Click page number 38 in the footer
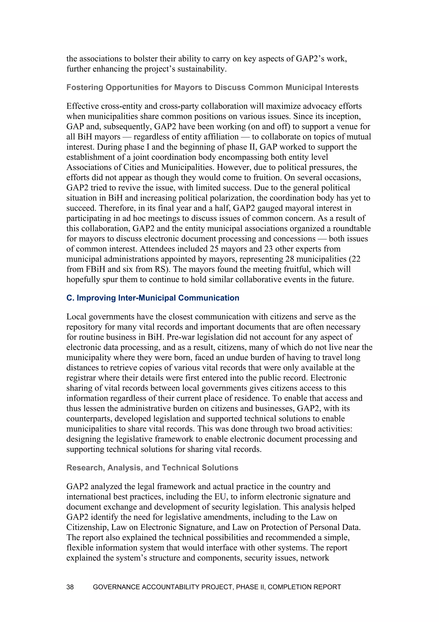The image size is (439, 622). (x=70, y=587)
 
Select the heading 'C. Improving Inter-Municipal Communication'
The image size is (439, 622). (x=153, y=298)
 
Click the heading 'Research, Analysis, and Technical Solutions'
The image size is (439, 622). (x=152, y=468)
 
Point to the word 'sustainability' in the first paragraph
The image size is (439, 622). (x=200, y=69)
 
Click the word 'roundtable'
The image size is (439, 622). (x=351, y=228)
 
